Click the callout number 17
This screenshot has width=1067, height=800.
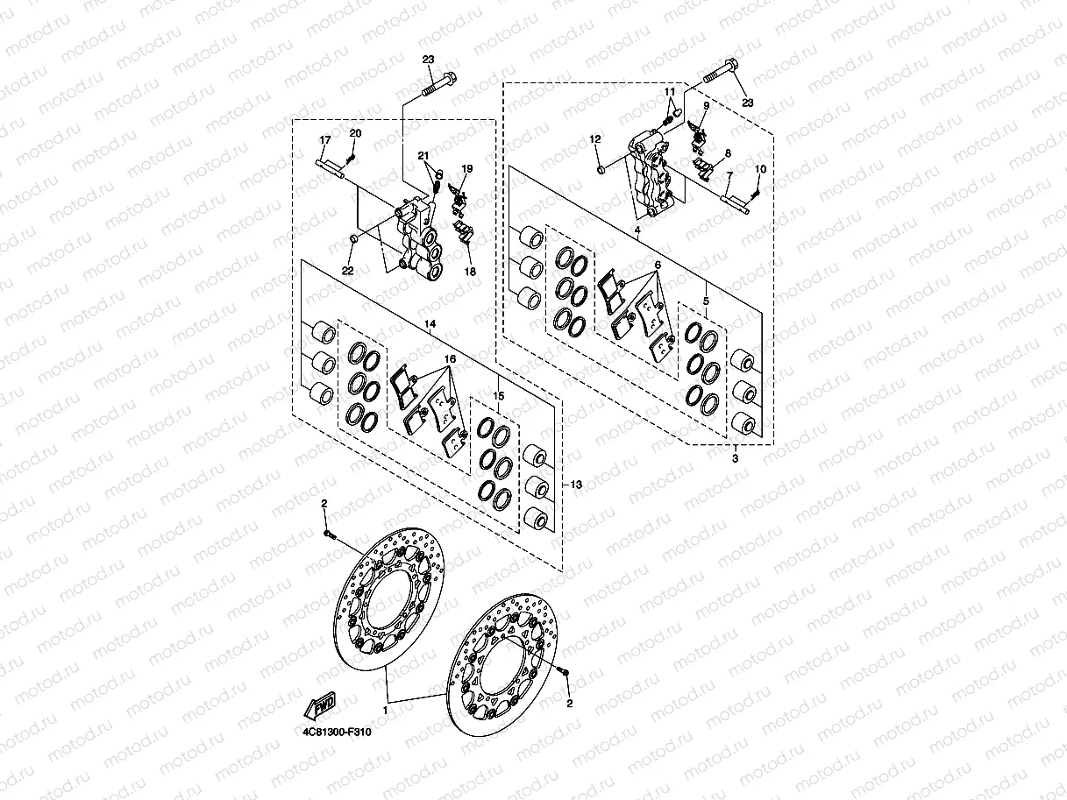click(x=324, y=140)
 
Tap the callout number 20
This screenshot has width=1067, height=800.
click(x=355, y=133)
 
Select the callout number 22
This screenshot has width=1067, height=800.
click(x=347, y=271)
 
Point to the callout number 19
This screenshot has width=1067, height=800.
click(x=467, y=168)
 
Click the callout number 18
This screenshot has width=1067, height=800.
click(x=471, y=272)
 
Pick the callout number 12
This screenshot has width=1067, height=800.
click(x=595, y=138)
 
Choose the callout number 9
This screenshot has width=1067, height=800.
click(x=706, y=106)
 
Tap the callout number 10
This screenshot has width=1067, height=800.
click(x=759, y=168)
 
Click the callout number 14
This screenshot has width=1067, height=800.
click(x=430, y=325)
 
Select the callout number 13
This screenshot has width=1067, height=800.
click(x=575, y=485)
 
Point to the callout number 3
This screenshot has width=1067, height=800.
click(x=735, y=458)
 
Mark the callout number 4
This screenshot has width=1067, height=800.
click(x=637, y=230)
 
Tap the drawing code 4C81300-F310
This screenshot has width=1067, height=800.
click(x=333, y=732)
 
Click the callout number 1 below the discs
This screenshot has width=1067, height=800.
click(x=385, y=704)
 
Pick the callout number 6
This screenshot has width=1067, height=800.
click(x=657, y=264)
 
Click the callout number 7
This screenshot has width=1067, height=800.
click(x=728, y=176)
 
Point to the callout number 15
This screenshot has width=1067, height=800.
click(x=500, y=397)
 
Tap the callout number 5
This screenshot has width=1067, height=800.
click(x=706, y=301)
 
